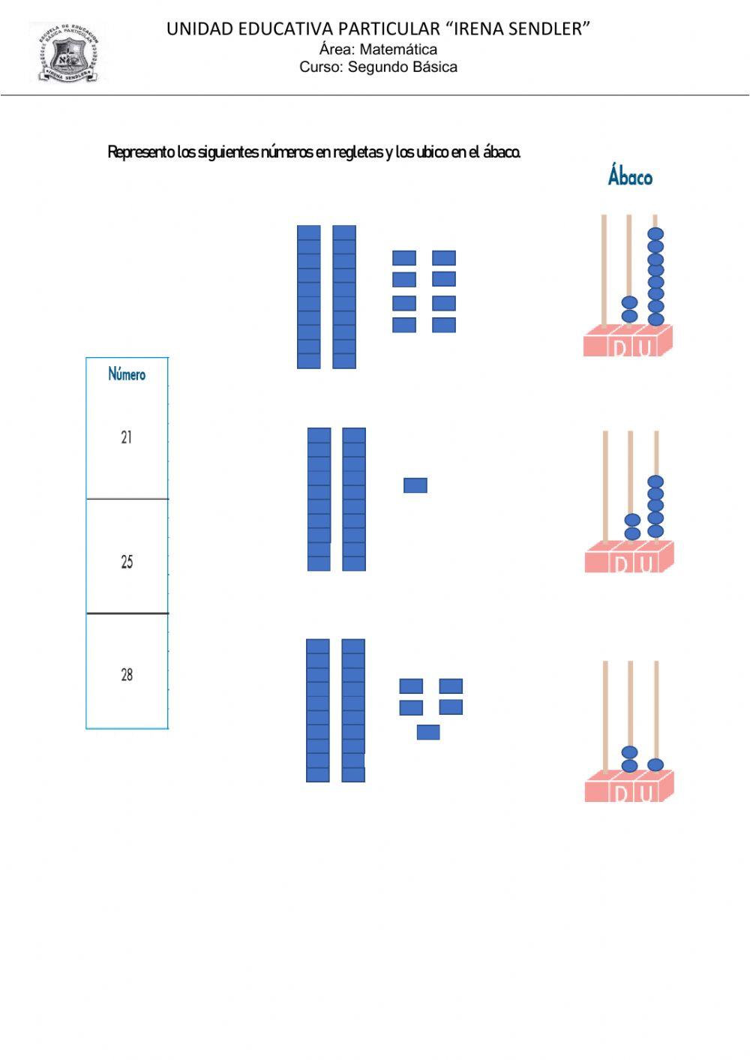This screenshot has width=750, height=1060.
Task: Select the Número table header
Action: coord(127,374)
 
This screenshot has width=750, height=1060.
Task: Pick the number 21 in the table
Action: coord(126,437)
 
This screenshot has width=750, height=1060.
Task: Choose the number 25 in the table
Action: coord(126,562)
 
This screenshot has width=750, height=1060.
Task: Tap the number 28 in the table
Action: coord(126,675)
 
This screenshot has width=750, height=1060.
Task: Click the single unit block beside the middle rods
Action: coord(415,485)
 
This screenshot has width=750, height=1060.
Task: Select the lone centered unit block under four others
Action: coord(427,731)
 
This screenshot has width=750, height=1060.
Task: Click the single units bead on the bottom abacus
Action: coord(655,764)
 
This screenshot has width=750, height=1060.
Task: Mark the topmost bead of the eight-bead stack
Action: coord(655,234)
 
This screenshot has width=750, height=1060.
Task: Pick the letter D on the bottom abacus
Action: coord(620,793)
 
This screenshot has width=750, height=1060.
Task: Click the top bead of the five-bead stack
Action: coord(655,482)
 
